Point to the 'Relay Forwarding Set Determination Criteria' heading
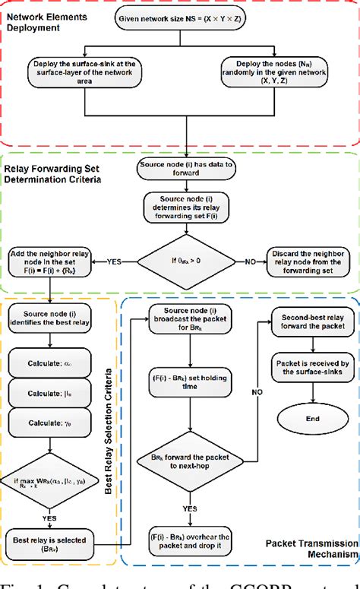click(x=55, y=175)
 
